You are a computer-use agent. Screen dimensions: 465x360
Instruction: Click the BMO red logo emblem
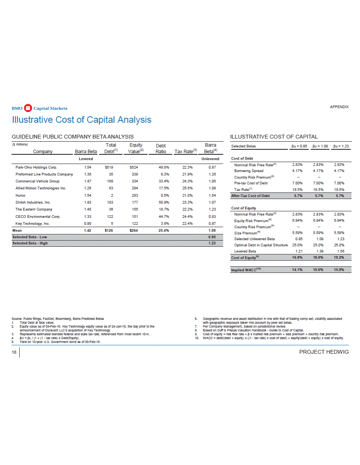pyautogui.click(x=27, y=108)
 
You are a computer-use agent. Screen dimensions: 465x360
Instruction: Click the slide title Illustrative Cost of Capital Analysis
pyautogui.click(x=82, y=120)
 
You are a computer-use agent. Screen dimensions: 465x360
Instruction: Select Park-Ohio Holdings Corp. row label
pyautogui.click(x=36, y=168)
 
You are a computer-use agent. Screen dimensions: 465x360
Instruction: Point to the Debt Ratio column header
pyautogui.click(x=161, y=149)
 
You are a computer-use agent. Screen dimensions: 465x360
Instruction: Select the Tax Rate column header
pyautogui.click(x=186, y=152)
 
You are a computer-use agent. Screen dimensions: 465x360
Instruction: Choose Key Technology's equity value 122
pyautogui.click(x=134, y=223)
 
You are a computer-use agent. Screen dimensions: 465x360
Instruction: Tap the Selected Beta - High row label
pyautogui.click(x=30, y=243)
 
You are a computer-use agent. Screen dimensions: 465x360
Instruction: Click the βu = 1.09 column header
pyautogui.click(x=320, y=146)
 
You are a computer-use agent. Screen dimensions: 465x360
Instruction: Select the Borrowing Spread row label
pyautogui.click(x=249, y=171)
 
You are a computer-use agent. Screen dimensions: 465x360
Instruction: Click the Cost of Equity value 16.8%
pyautogui.click(x=296, y=258)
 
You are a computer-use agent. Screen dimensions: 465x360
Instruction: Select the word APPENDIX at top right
pyautogui.click(x=339, y=107)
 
